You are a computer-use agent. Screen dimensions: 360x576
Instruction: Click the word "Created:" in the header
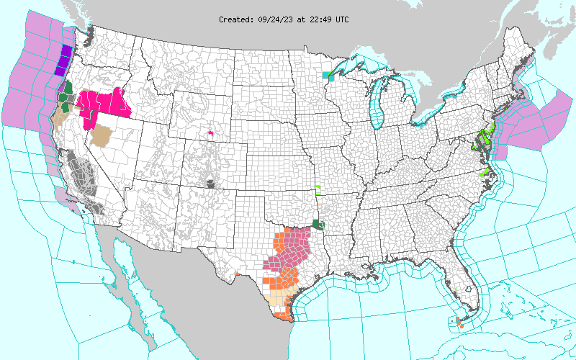tap(236, 19)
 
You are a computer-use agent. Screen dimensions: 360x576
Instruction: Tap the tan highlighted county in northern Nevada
tap(105, 135)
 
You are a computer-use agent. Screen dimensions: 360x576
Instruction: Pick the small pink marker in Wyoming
tap(210, 132)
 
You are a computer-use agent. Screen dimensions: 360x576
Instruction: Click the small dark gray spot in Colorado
tap(210, 184)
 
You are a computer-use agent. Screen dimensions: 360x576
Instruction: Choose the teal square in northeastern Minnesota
tap(328, 74)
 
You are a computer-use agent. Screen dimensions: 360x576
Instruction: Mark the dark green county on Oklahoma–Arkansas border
tap(318, 225)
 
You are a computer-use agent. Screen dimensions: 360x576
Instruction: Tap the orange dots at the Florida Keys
tap(458, 318)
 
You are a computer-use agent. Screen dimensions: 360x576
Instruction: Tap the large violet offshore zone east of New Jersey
tap(533, 122)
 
